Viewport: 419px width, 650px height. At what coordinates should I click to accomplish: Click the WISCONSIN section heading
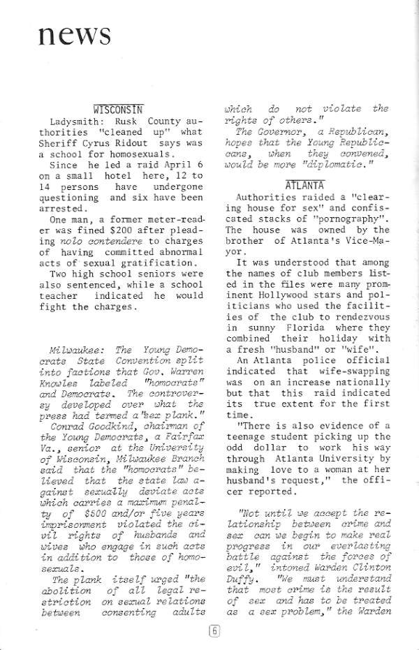[x=118, y=109]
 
